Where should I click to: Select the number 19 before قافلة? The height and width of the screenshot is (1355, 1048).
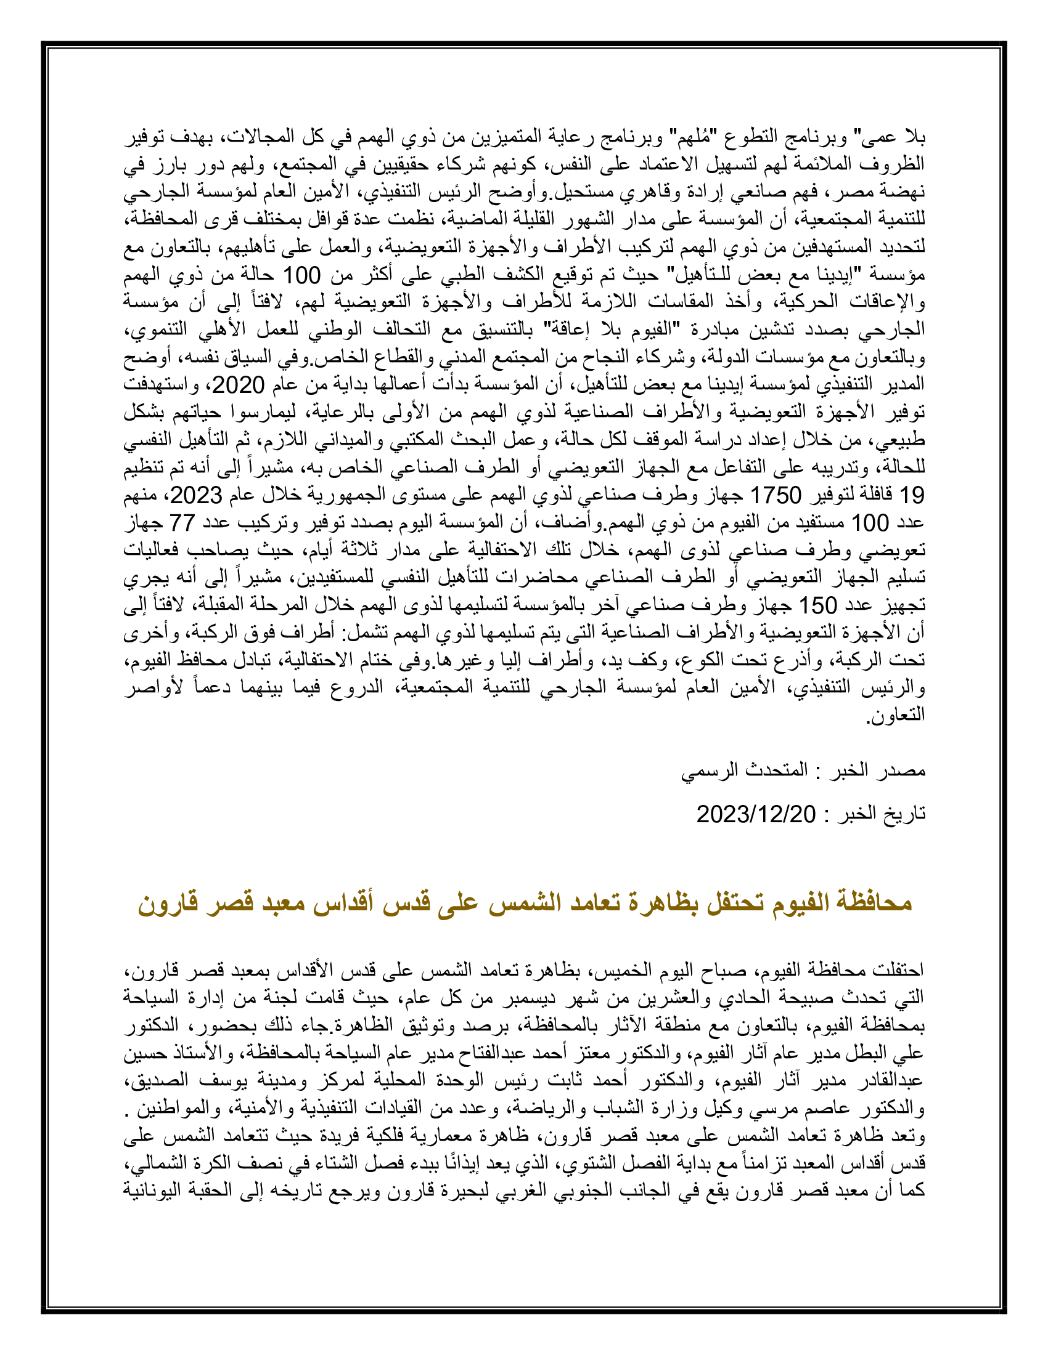point(912,495)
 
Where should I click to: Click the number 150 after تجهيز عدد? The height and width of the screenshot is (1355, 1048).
point(817,605)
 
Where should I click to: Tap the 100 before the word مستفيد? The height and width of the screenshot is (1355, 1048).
point(869,522)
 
